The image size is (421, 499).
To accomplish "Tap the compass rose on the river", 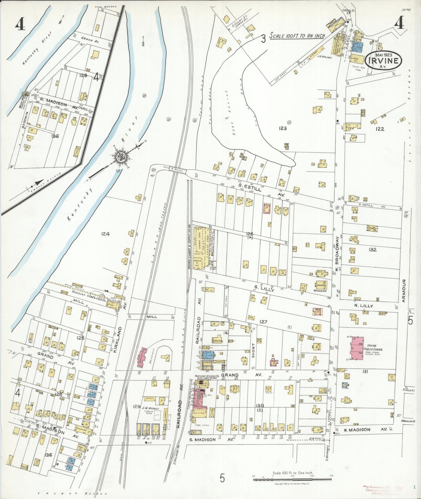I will [x=120, y=157].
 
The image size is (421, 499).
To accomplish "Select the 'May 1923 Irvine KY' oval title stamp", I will [x=383, y=60].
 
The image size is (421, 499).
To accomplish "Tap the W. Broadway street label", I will [x=337, y=254].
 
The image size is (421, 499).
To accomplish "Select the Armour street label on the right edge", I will [x=404, y=290].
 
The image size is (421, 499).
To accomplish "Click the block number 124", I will [x=105, y=234].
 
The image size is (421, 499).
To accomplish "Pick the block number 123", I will [x=282, y=128].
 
